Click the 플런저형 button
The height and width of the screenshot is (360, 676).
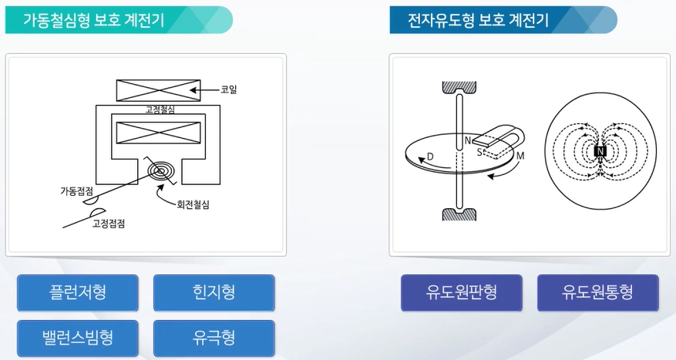point(78,293)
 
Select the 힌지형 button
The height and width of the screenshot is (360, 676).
point(214,293)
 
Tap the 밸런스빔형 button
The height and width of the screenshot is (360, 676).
point(78,338)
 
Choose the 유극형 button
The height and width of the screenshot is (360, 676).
point(214,338)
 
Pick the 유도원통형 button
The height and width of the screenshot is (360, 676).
point(597,293)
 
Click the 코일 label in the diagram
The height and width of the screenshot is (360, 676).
point(229,90)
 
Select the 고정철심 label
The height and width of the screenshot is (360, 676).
point(160,109)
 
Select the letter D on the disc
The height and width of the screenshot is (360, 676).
point(429,156)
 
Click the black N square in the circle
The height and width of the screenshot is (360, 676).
point(600,152)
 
